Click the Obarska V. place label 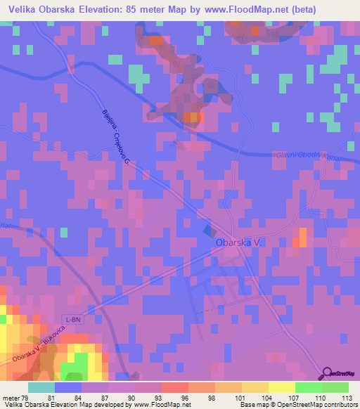[238, 242]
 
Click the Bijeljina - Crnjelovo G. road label [115, 138]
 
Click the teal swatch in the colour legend [41, 387]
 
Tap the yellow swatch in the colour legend [281, 387]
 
